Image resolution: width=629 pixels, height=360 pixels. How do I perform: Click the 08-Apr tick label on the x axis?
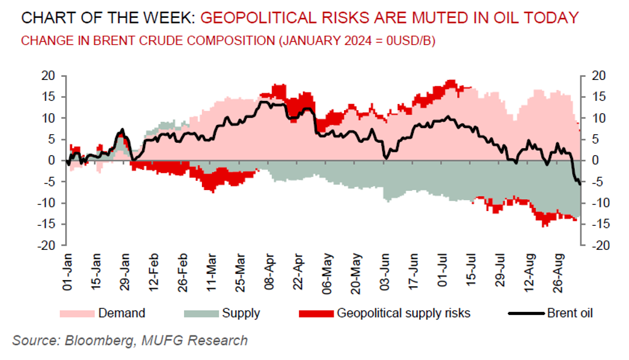click(x=269, y=271)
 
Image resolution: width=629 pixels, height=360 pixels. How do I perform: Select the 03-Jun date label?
click(x=385, y=271)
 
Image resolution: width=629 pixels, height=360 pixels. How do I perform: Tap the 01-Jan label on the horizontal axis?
click(x=67, y=271)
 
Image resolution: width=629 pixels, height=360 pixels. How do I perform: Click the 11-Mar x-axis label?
click(x=211, y=272)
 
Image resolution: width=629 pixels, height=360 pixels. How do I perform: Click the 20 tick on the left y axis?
click(x=48, y=75)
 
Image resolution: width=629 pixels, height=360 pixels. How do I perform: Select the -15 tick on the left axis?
click(x=46, y=224)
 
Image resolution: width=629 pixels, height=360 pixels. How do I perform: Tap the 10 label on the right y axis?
click(x=599, y=118)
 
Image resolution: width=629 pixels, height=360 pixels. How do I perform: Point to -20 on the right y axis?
click(x=601, y=245)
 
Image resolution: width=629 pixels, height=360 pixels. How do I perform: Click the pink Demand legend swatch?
click(x=77, y=313)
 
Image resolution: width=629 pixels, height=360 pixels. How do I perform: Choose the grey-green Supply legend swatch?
click(x=201, y=313)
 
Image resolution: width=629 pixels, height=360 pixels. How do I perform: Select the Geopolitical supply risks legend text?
click(x=404, y=313)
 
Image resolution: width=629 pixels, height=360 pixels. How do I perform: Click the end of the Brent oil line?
click(x=580, y=184)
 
